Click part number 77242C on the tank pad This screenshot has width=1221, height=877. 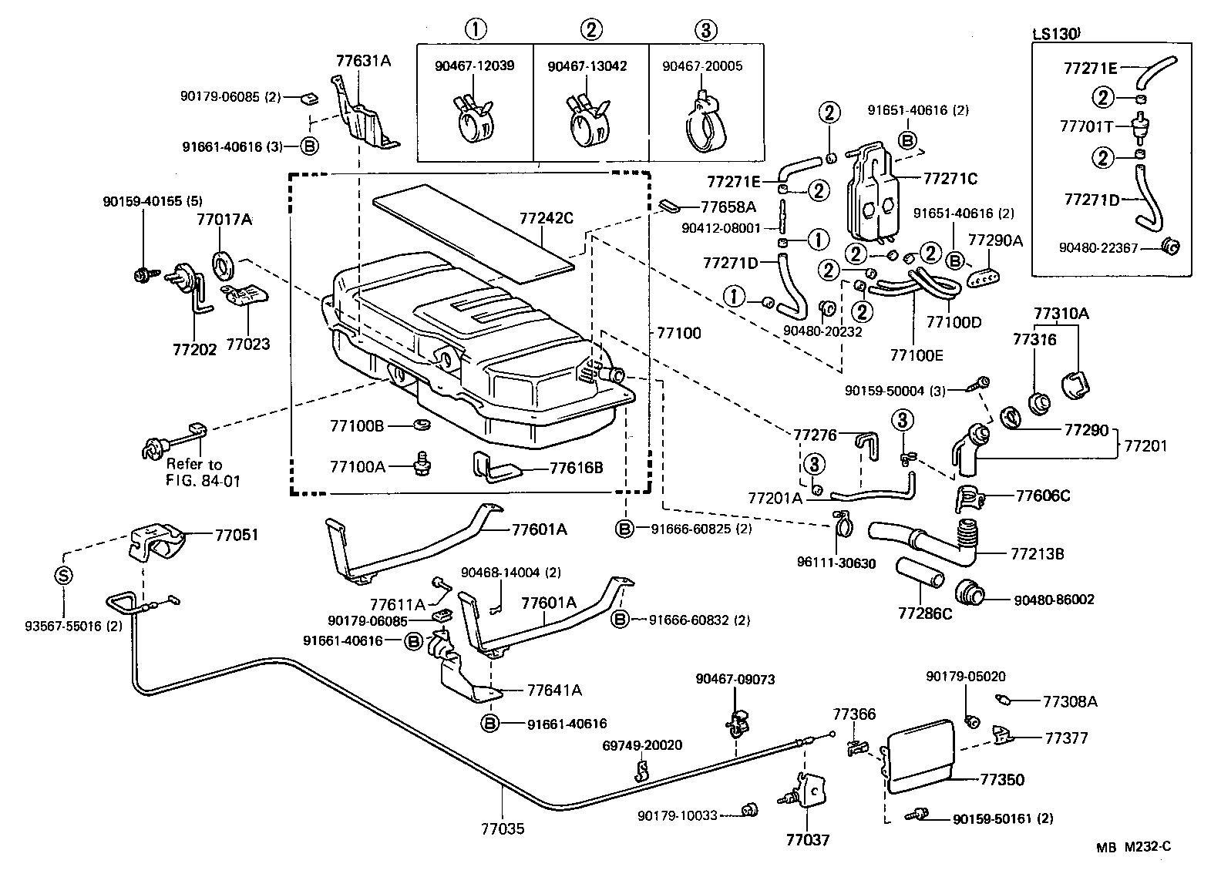[x=546, y=218]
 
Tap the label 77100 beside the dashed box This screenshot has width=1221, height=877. [x=679, y=333]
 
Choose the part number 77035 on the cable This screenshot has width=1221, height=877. [x=503, y=829]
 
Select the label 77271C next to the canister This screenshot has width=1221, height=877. [x=949, y=179]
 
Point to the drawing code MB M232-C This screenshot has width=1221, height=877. [x=1134, y=846]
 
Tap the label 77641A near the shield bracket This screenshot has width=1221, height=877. [x=554, y=690]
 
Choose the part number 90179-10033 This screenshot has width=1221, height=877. [x=678, y=815]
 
